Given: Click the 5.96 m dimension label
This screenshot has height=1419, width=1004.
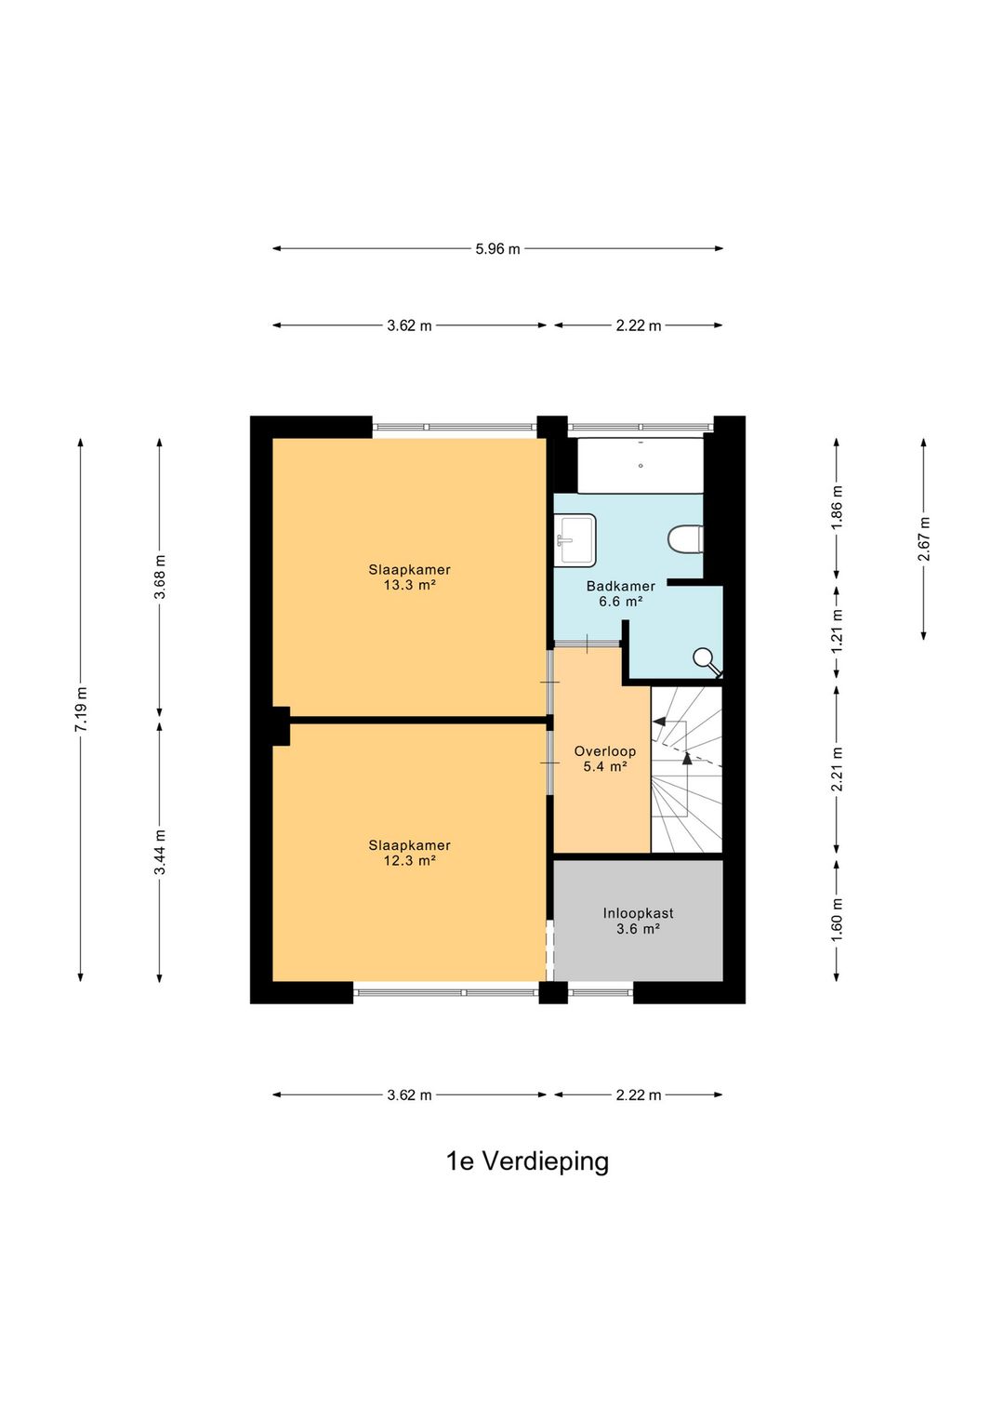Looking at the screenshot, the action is (x=497, y=249).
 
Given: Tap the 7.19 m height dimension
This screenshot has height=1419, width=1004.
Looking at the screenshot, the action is (x=81, y=709).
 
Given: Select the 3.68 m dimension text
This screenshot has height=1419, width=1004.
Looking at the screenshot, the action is (x=160, y=577).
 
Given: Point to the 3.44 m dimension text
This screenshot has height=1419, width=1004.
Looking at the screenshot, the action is (x=160, y=852).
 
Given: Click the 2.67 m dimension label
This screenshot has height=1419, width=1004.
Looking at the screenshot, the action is (x=924, y=538).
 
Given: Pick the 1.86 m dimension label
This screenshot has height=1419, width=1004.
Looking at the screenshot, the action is (x=837, y=508).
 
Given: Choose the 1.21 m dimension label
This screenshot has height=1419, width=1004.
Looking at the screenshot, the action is (x=837, y=631).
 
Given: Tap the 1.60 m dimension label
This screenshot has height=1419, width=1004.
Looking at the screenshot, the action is (x=837, y=919).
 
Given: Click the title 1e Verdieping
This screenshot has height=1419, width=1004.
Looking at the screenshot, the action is (x=527, y=1161).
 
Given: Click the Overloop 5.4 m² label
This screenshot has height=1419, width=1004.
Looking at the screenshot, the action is (x=605, y=759).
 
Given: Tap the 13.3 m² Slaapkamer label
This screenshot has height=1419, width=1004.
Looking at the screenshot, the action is (x=409, y=577).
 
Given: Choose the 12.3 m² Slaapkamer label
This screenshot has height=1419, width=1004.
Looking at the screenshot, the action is (x=409, y=853).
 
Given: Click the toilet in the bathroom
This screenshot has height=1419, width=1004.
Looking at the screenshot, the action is (x=686, y=539).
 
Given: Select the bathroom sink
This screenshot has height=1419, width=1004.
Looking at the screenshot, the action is (x=575, y=539).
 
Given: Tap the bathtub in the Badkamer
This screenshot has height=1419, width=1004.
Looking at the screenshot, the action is (x=640, y=466).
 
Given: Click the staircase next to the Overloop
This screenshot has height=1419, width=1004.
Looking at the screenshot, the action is (x=686, y=770).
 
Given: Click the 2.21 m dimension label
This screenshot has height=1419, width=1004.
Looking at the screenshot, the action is (x=837, y=769).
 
